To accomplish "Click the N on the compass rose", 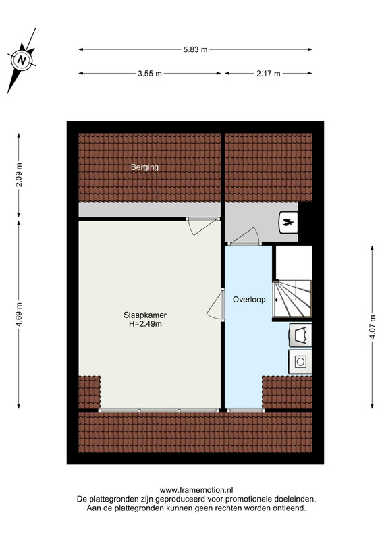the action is click(22, 60).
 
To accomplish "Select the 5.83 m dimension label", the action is click(195, 49).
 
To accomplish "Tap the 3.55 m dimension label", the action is click(150, 74).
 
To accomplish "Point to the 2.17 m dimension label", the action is click(269, 74).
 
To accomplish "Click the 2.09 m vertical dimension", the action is click(19, 175).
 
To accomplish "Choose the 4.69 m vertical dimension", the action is click(19, 315).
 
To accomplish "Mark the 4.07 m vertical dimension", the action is click(372, 327).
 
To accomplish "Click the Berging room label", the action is click(144, 167).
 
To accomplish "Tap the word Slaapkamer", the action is click(145, 315).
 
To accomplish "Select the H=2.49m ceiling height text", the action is click(145, 324).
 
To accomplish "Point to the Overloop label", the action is click(249, 299).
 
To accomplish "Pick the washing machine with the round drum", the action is click(300, 362).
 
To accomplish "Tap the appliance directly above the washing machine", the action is click(301, 335).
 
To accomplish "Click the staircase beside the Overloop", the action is click(292, 299).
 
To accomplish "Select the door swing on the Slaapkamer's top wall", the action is click(200, 227).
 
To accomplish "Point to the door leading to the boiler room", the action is click(244, 236).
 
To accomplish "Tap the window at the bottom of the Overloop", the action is click(246, 410).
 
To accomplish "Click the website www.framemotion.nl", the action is click(196, 490).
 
